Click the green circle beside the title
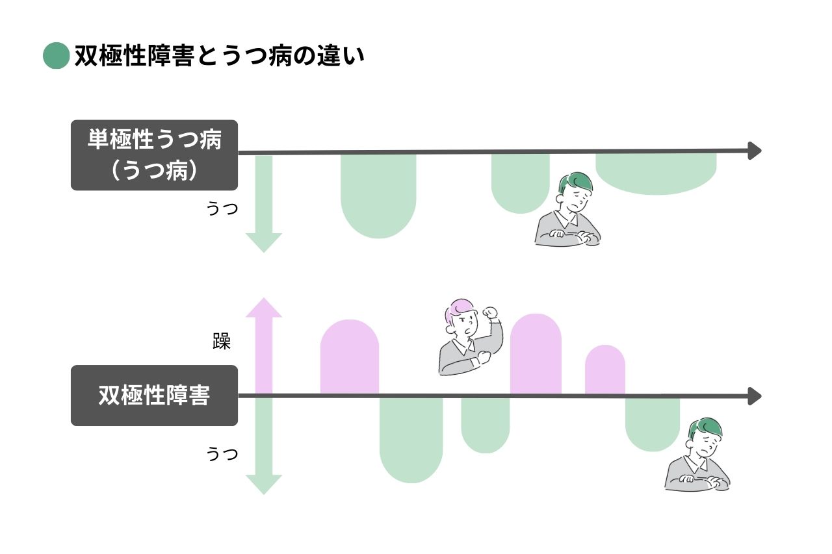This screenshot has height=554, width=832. point(56,56)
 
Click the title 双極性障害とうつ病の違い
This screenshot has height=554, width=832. point(219,56)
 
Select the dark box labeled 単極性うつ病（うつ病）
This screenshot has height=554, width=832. point(154,155)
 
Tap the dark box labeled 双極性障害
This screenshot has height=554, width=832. point(154,396)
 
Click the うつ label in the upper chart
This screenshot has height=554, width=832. point(222,209)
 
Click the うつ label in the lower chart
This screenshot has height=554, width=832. point(222,453)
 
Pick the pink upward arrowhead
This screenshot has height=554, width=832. point(263,308)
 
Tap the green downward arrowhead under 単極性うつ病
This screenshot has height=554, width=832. point(263,242)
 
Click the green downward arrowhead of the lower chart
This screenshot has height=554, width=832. point(263,485)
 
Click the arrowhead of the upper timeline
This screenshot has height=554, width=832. point(755,151)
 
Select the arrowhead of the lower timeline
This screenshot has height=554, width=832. point(755,396)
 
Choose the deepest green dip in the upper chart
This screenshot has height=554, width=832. point(378,195)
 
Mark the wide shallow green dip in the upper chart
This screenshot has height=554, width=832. point(656,173)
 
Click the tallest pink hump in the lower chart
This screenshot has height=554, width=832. point(536,354)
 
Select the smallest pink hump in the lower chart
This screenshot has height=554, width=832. point(604,370)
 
